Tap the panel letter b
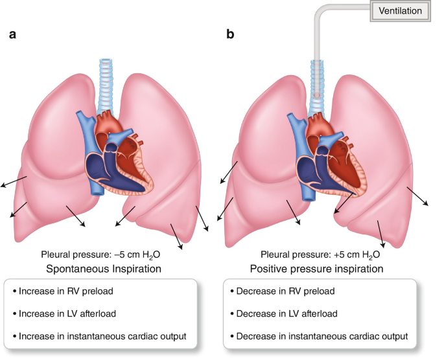click(230, 34)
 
